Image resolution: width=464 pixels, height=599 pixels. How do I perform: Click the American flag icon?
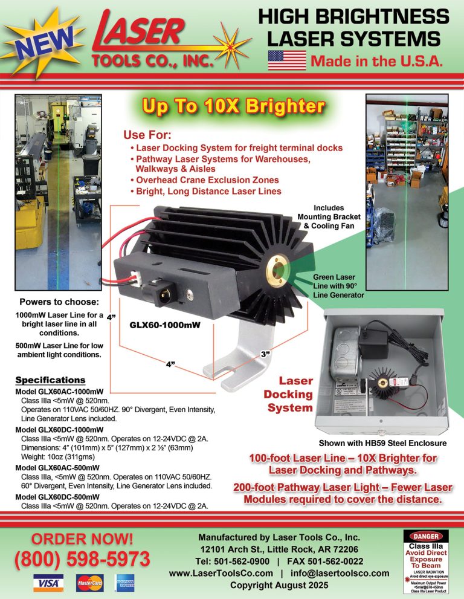point(286,60)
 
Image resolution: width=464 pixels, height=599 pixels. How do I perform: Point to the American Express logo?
point(125,583)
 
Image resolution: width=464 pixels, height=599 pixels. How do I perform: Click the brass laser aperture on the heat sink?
point(280,266)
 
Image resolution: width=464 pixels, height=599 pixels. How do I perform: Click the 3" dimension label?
point(265,354)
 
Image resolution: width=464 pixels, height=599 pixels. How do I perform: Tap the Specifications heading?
point(50,380)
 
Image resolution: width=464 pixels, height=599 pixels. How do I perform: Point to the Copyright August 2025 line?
point(279,585)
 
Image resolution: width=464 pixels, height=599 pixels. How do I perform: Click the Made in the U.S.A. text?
point(377,61)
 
